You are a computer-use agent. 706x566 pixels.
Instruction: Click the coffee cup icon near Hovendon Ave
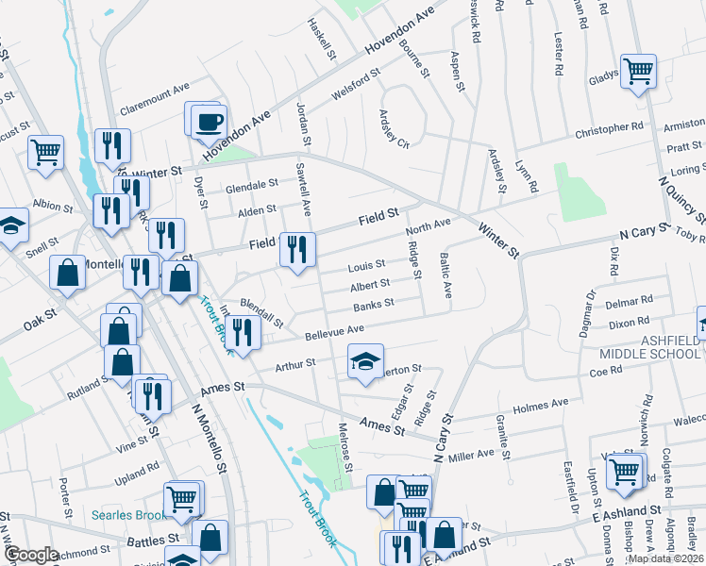209,123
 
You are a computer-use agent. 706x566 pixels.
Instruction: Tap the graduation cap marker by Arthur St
364,361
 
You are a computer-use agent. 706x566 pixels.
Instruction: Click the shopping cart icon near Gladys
638,72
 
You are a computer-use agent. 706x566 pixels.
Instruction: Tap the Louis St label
366,265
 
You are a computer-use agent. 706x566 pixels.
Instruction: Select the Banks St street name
373,305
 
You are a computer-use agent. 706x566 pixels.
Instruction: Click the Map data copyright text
665,558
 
